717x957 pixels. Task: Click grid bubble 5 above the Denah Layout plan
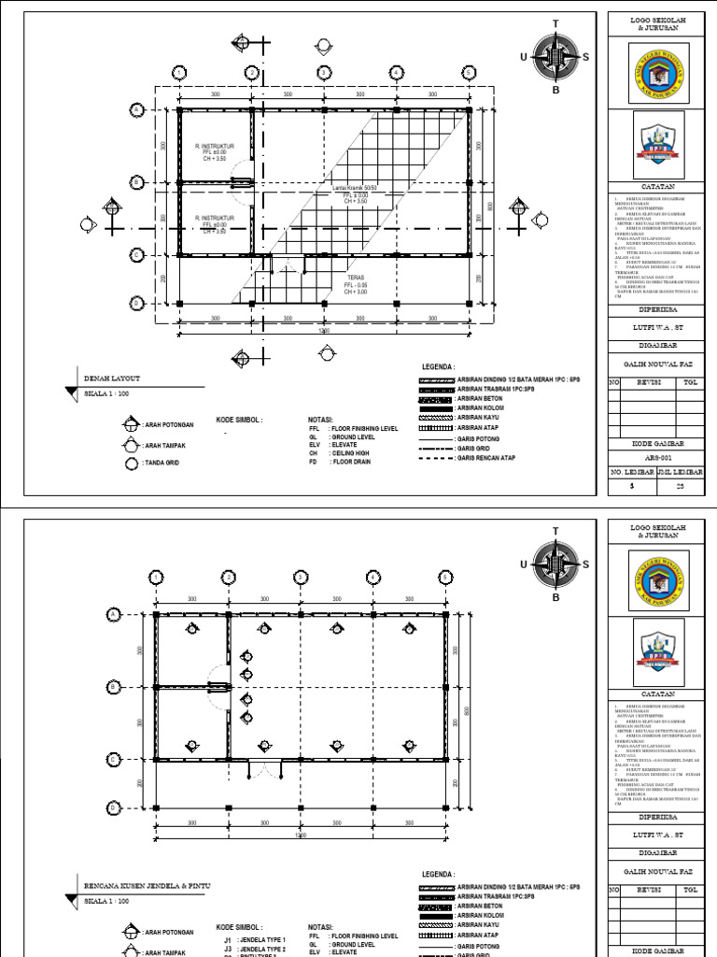pyautogui.click(x=468, y=73)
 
